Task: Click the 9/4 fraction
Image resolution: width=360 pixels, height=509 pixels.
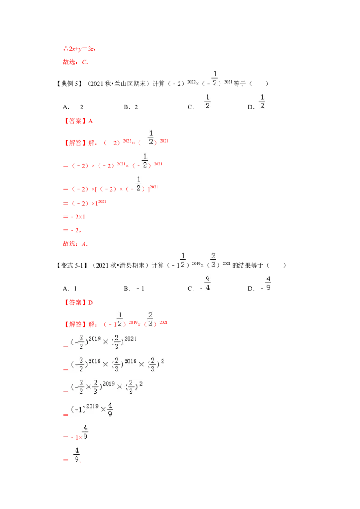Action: [x=207, y=282]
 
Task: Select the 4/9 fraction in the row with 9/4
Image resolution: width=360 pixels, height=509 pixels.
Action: [x=268, y=282]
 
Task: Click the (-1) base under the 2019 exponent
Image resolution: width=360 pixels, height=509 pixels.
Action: [x=78, y=409]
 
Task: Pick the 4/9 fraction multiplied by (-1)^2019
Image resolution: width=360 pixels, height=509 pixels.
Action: [x=110, y=410]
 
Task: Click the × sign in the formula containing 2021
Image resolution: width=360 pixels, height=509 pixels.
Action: [x=106, y=342]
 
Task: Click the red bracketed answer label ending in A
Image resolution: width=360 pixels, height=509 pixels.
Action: [x=79, y=121]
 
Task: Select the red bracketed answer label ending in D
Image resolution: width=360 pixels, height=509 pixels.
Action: [x=79, y=303]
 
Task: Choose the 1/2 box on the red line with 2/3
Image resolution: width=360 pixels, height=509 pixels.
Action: [x=120, y=318]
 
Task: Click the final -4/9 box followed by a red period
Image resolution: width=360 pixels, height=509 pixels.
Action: [x=76, y=455]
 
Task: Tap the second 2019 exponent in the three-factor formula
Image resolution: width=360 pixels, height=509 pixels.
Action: [x=131, y=361]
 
